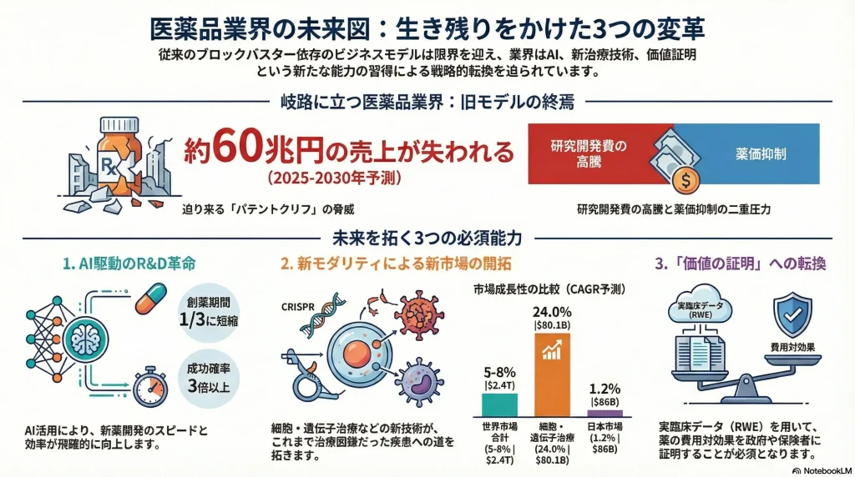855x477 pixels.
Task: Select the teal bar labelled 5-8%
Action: [499, 404]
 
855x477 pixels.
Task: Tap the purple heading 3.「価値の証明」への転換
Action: [741, 264]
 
